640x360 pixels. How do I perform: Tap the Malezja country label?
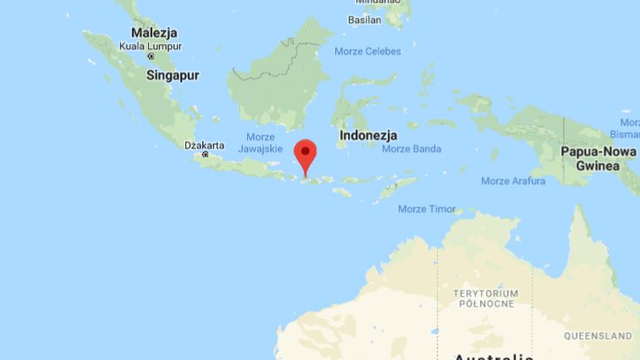click(154, 32)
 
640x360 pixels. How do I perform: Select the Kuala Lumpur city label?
click(151, 46)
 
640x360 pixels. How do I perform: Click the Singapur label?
click(173, 75)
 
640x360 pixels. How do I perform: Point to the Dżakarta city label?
click(204, 145)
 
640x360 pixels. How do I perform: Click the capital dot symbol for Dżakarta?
click(205, 155)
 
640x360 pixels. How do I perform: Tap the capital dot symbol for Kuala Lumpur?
click(152, 56)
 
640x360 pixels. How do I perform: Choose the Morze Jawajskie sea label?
click(260, 143)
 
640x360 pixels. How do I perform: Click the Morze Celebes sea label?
click(367, 52)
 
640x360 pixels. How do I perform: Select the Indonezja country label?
click(367, 135)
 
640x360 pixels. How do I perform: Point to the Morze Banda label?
click(411, 149)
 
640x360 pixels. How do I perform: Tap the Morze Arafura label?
click(513, 181)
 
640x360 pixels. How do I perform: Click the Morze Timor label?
click(427, 209)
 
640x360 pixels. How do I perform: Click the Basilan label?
click(364, 19)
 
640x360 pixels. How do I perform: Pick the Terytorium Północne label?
click(485, 298)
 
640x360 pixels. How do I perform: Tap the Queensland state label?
click(598, 335)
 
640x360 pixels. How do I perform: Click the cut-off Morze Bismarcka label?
click(625, 129)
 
